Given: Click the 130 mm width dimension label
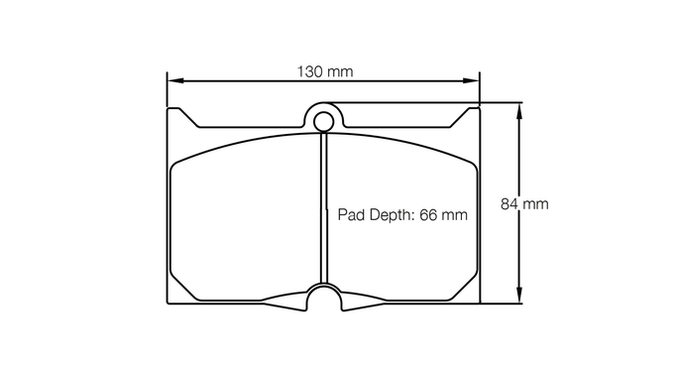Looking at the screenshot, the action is (x=325, y=71).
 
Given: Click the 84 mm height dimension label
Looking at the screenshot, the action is (x=524, y=204).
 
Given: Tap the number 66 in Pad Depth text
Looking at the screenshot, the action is (x=428, y=214).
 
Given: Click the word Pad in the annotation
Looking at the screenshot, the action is (x=349, y=214).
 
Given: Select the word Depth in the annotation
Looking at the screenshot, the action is (x=388, y=215).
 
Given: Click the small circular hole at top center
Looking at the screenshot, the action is (x=323, y=121).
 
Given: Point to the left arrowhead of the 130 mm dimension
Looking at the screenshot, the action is (x=175, y=80).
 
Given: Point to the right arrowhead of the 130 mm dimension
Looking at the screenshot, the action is (x=471, y=80).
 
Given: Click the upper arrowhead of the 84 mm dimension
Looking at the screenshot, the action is (x=519, y=111).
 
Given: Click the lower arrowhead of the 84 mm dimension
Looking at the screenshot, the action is (x=519, y=295).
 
